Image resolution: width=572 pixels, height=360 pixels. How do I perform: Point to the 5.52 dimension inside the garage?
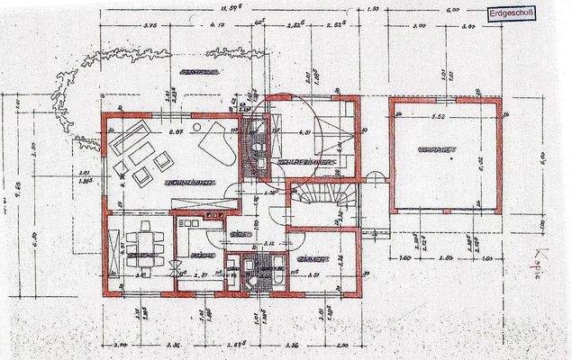point(439,118)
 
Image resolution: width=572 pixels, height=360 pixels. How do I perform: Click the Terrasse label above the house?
point(200,69)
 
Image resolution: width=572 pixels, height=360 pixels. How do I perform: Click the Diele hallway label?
point(239,233)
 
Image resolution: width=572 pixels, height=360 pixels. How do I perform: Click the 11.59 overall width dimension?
point(241,8)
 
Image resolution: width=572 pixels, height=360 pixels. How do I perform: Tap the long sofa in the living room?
point(123,144)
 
